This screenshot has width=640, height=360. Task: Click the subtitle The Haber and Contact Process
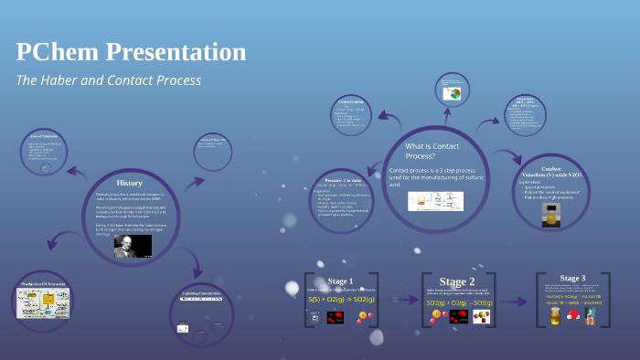(x=108, y=80)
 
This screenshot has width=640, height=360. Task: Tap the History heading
(x=130, y=184)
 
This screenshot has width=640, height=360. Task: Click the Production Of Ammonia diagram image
(x=43, y=302)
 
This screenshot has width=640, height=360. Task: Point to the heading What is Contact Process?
(x=432, y=151)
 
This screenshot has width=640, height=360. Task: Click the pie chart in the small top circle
(x=452, y=93)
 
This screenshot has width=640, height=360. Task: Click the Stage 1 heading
(x=340, y=280)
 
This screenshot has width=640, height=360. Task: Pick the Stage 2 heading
(x=457, y=281)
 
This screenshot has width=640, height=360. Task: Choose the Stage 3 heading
(x=572, y=278)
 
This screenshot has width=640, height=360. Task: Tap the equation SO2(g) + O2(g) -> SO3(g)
(x=458, y=302)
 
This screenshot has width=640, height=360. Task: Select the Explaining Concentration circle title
(x=202, y=293)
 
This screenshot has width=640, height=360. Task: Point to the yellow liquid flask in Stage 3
(x=554, y=316)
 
